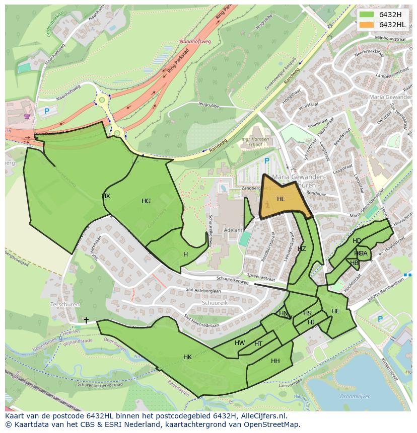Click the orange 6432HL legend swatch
(x=367, y=25)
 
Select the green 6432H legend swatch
(x=367, y=15)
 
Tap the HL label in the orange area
(x=281, y=199)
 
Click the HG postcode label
(x=146, y=201)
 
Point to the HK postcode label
(x=187, y=357)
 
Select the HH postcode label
(x=275, y=361)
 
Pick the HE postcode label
(x=335, y=311)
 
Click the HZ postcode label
(x=302, y=249)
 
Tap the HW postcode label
(x=240, y=343)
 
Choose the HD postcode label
(x=357, y=241)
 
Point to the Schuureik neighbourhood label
(x=215, y=304)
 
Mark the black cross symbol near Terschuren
(x=86, y=320)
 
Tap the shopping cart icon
(x=27, y=116)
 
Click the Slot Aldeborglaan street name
(x=203, y=291)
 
